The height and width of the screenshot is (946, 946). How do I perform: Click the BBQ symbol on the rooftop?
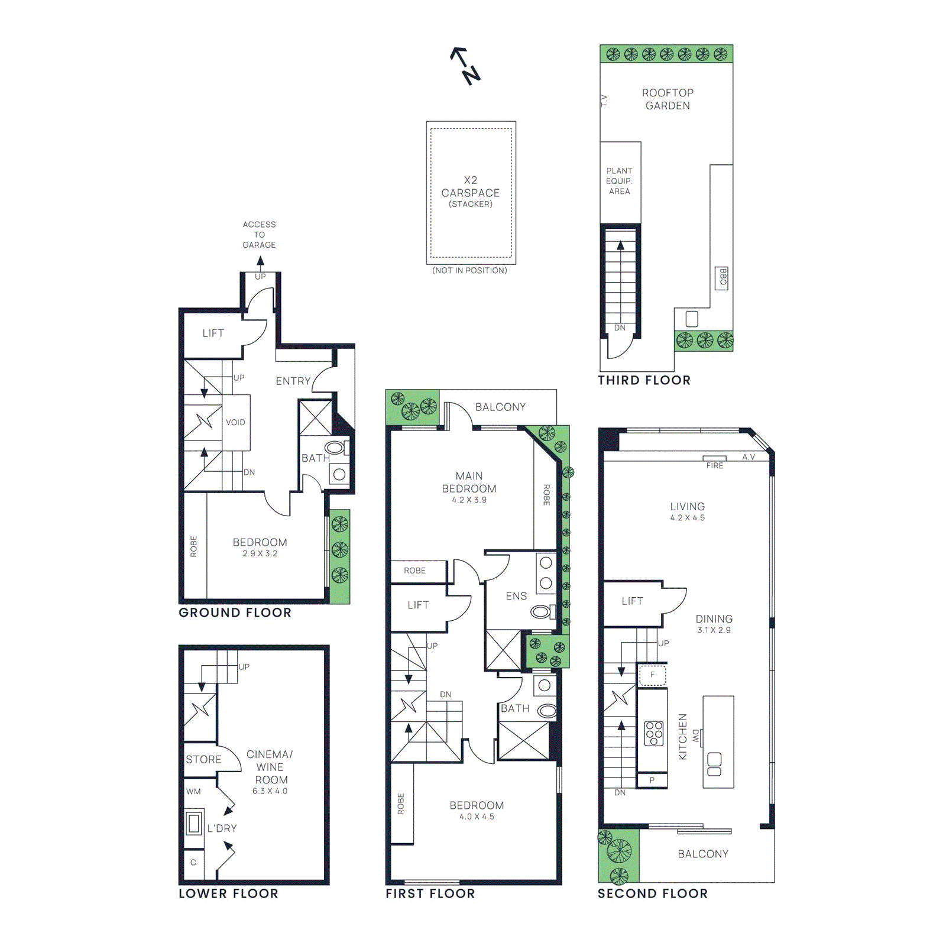(722, 277)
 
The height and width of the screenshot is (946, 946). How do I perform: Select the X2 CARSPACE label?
(471, 187)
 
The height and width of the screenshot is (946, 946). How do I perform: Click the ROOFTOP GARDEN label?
(668, 99)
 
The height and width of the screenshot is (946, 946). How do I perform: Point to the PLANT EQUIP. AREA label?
(619, 181)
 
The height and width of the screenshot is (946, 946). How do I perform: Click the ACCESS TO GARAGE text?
(259, 235)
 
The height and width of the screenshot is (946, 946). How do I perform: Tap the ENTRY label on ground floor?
(293, 381)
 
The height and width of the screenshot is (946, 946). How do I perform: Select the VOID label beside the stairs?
(235, 422)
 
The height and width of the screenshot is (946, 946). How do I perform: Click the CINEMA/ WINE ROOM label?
(270, 767)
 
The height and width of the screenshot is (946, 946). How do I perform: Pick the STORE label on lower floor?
(203, 759)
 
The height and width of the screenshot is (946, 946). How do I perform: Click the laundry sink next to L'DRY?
(193, 823)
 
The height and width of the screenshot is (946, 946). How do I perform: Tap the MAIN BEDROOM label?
(469, 482)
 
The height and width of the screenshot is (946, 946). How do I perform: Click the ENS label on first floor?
(516, 596)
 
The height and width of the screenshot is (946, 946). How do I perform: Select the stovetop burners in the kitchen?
(654, 733)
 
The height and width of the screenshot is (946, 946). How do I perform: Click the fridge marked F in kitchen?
(653, 675)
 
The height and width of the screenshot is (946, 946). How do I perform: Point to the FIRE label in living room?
(715, 465)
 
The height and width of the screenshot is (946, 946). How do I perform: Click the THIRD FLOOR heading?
(644, 380)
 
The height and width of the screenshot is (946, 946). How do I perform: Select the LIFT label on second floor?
(632, 601)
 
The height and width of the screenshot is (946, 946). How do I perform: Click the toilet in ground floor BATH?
(335, 448)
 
